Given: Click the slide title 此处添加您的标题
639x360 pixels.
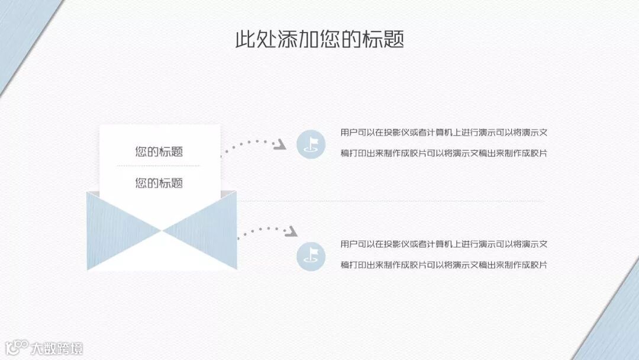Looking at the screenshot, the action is click(319, 40).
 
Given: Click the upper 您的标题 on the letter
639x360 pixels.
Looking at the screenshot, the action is click(159, 152).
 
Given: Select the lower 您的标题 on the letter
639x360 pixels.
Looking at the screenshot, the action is click(159, 183).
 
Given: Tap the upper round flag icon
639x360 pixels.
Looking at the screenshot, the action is click(311, 144).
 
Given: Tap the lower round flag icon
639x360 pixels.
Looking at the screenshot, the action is click(311, 256).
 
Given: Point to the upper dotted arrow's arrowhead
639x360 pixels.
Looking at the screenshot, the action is click(282, 145).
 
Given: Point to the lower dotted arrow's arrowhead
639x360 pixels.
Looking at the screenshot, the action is click(291, 232).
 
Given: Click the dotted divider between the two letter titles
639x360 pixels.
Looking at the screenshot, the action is click(159, 166).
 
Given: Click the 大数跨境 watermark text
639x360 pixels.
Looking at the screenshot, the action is click(57, 348).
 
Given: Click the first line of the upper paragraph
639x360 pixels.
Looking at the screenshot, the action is click(444, 133).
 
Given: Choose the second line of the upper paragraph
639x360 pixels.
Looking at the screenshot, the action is click(444, 153).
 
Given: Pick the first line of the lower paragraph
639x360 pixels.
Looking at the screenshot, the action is click(444, 244).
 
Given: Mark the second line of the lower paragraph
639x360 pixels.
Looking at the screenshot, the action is click(444, 265).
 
